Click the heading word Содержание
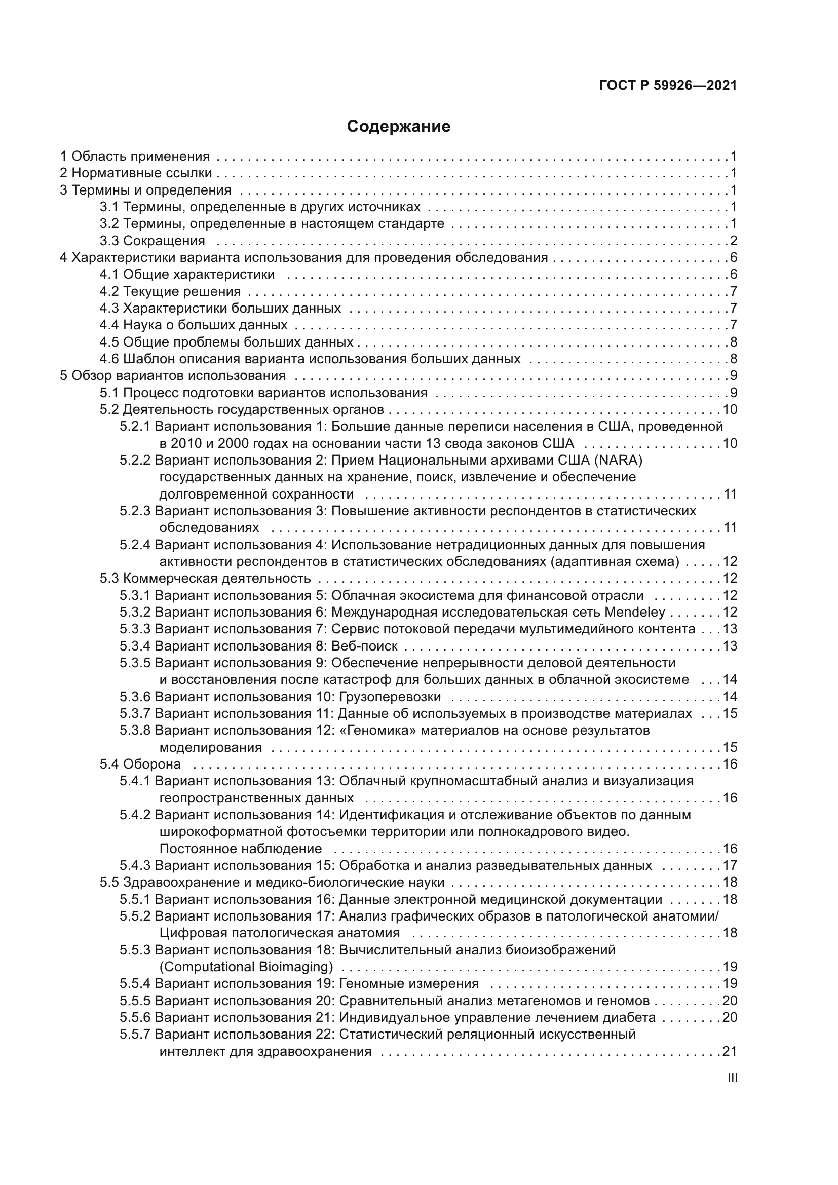coord(398,127)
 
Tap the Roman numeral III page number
coord(732,1078)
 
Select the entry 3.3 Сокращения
coord(152,241)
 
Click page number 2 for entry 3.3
coord(733,241)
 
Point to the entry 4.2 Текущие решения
coord(170,292)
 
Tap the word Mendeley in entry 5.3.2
coord(634,612)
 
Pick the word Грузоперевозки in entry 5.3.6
coord(390,697)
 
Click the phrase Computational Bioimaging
coord(246,967)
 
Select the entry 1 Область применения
coord(135,157)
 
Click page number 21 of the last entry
coord(729,1051)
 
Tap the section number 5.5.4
coord(135,984)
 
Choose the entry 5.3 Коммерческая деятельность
coord(205,579)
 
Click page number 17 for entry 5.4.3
coord(730,865)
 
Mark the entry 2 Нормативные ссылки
coord(136,173)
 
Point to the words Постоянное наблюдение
coord(241,849)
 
